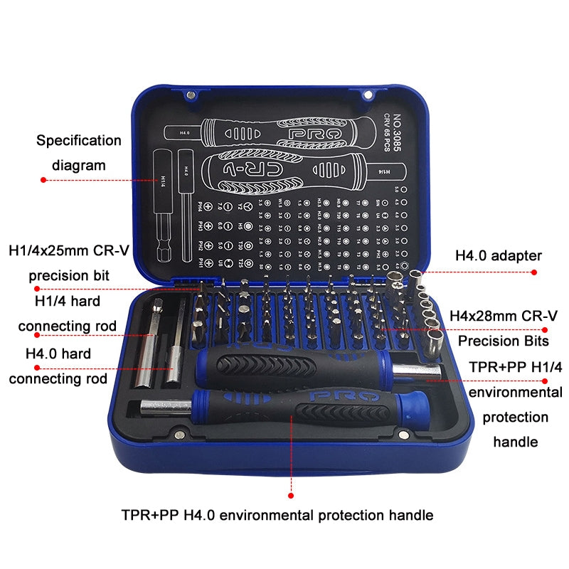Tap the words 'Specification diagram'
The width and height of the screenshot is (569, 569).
(79, 153)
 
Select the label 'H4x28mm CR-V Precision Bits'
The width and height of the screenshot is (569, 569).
(503, 328)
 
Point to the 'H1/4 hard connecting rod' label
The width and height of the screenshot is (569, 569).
(68, 314)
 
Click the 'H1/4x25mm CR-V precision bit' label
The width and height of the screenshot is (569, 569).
(69, 262)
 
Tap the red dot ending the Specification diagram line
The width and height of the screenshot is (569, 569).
(43, 181)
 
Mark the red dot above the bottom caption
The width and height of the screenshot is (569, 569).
(291, 494)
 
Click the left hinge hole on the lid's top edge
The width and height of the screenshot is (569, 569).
(191, 94)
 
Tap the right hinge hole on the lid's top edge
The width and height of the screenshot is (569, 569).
(368, 94)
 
